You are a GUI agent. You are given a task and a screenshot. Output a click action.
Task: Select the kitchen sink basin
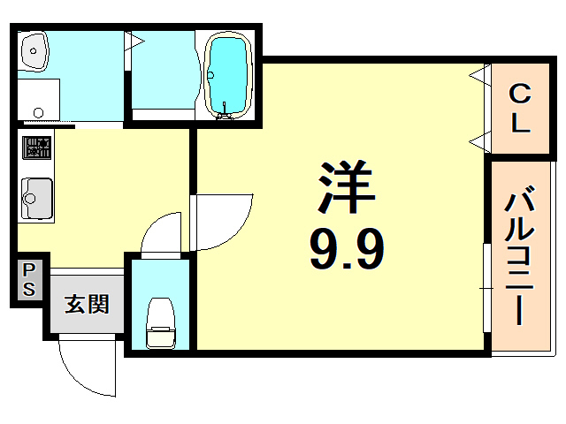pyautogui.click(x=35, y=193)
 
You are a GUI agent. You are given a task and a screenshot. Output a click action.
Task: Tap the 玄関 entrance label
pyautogui.click(x=87, y=305)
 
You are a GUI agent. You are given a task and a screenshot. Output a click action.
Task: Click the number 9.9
pyautogui.click(x=347, y=250)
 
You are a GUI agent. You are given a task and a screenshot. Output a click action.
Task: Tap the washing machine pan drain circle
pyautogui.click(x=38, y=112)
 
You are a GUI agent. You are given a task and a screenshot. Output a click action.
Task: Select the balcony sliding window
pyautogui.click(x=486, y=287)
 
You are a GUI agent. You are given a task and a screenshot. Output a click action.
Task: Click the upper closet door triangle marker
pyautogui.click(x=477, y=74)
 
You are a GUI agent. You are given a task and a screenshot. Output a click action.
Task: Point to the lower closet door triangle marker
pyautogui.click(x=477, y=139)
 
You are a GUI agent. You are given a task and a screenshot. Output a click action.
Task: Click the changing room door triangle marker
pyautogui.click(x=137, y=41)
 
